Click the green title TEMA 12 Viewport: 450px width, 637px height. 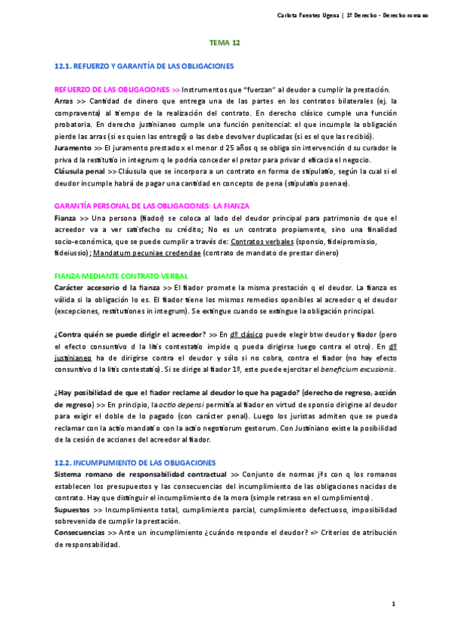(225, 44)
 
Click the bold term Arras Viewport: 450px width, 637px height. (65, 100)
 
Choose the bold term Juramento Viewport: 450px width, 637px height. (73, 149)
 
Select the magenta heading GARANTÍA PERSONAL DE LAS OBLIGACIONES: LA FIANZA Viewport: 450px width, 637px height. (152, 206)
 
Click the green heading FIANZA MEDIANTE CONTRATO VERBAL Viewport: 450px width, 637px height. (117, 276)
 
